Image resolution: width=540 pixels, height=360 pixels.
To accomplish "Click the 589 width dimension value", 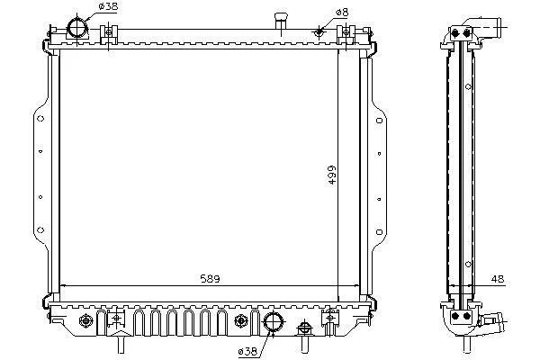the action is pyautogui.click(x=210, y=278).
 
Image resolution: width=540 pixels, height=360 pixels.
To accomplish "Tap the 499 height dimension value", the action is pyautogui.click(x=331, y=175).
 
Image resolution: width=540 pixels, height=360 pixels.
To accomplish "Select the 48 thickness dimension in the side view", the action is pyautogui.click(x=498, y=279).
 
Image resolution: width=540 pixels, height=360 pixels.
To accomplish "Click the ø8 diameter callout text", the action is pyautogui.click(x=342, y=13).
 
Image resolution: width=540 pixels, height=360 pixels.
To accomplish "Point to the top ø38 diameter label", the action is pyautogui.click(x=108, y=6).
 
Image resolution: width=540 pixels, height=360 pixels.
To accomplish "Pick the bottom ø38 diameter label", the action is pyautogui.click(x=247, y=351).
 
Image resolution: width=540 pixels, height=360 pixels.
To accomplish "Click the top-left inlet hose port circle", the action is pyautogui.click(x=77, y=28).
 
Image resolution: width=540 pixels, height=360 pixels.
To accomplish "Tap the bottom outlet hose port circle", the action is pyautogui.click(x=273, y=322).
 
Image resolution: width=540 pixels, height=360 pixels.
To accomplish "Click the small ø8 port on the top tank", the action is pyautogui.click(x=319, y=32).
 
